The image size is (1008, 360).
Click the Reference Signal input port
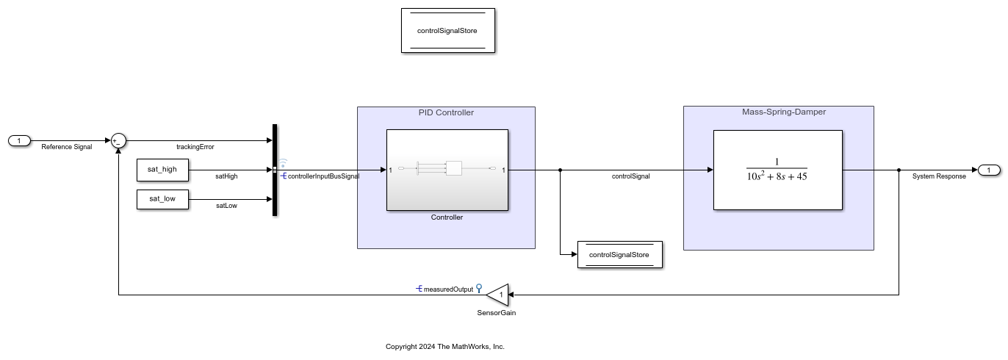coord(19,141)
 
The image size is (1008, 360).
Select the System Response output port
coord(989,170)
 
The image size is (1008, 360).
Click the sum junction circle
coord(118,141)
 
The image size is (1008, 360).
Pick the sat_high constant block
coord(162,170)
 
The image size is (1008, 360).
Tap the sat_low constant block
coord(162,199)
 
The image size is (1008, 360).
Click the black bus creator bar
coord(275,170)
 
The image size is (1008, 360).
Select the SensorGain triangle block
coord(497,295)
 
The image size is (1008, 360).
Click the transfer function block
coord(777,170)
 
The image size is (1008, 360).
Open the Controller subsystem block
coord(447,170)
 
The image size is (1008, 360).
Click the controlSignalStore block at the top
coord(447,31)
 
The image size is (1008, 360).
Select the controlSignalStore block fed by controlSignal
coord(619,255)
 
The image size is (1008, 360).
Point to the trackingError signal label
coord(195,147)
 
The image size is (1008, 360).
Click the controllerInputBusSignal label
coord(323,176)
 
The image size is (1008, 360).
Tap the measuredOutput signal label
coord(448,289)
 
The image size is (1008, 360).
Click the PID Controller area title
coord(446,112)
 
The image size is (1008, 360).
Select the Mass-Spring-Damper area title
coord(784,112)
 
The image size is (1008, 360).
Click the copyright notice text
coord(445,347)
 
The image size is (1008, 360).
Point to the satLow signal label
coord(226,206)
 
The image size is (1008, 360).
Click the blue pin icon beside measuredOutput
coord(479,288)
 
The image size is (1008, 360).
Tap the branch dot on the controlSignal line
coord(561,170)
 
